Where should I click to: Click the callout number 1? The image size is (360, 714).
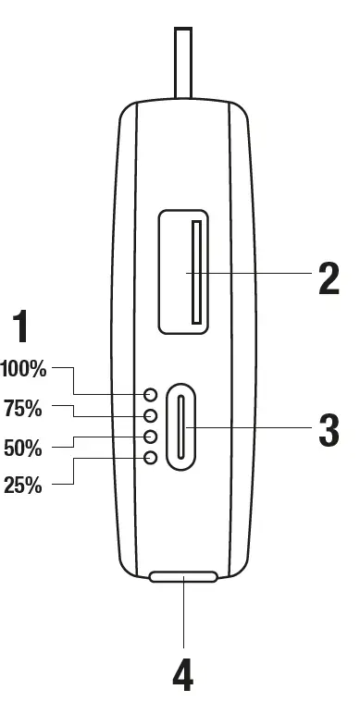point(19,329)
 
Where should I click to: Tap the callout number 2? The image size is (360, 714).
point(329,277)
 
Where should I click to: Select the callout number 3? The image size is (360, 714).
point(329,429)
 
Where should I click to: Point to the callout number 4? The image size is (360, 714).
point(183,677)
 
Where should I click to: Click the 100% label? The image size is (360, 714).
point(23,369)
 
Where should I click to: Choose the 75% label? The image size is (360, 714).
point(23,408)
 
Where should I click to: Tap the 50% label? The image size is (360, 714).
point(23,448)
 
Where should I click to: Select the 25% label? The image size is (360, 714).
point(23,486)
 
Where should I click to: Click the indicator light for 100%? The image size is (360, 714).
point(150,395)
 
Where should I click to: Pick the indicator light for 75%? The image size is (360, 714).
point(150,415)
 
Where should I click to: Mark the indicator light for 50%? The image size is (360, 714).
point(150,436)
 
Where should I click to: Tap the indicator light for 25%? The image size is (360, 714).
point(150,457)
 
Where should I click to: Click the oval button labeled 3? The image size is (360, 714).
point(182,426)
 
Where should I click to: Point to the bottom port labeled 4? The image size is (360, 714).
point(183,577)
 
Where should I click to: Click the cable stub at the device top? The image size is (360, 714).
point(183,61)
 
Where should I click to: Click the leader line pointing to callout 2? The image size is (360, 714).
point(259,273)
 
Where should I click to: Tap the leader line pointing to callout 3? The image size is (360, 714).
point(259,427)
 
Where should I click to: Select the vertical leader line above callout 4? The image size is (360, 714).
point(183,615)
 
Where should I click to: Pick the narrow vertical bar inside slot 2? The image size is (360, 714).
point(196,272)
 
